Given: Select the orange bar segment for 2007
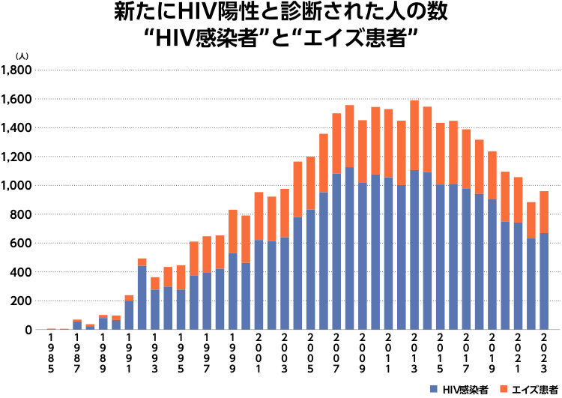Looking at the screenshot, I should (336, 143).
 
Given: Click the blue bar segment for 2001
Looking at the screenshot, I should (259, 285).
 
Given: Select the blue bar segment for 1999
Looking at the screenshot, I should (233, 292).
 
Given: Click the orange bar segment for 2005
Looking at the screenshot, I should (310, 183).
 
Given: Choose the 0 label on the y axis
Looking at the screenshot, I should (29, 330).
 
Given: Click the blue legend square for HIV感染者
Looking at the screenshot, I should (434, 390).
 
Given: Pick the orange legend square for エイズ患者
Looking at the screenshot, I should (504, 390).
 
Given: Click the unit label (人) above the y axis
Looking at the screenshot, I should (22, 56).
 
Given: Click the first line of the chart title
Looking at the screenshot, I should (281, 13).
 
